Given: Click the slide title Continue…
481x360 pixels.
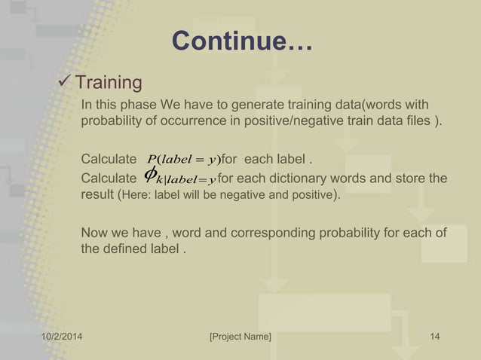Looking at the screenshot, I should tap(241, 41).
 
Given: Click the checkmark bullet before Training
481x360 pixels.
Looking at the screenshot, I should tap(65, 81).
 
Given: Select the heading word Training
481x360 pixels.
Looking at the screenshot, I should tap(109, 81).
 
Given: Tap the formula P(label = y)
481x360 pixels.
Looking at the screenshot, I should tap(182, 159).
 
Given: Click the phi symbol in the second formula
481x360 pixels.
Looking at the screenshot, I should tap(151, 175).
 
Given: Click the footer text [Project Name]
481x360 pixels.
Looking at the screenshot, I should tap(240, 337).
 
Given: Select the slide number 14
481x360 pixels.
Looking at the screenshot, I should tap(434, 337).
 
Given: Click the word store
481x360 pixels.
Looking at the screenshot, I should tap(410, 178).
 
